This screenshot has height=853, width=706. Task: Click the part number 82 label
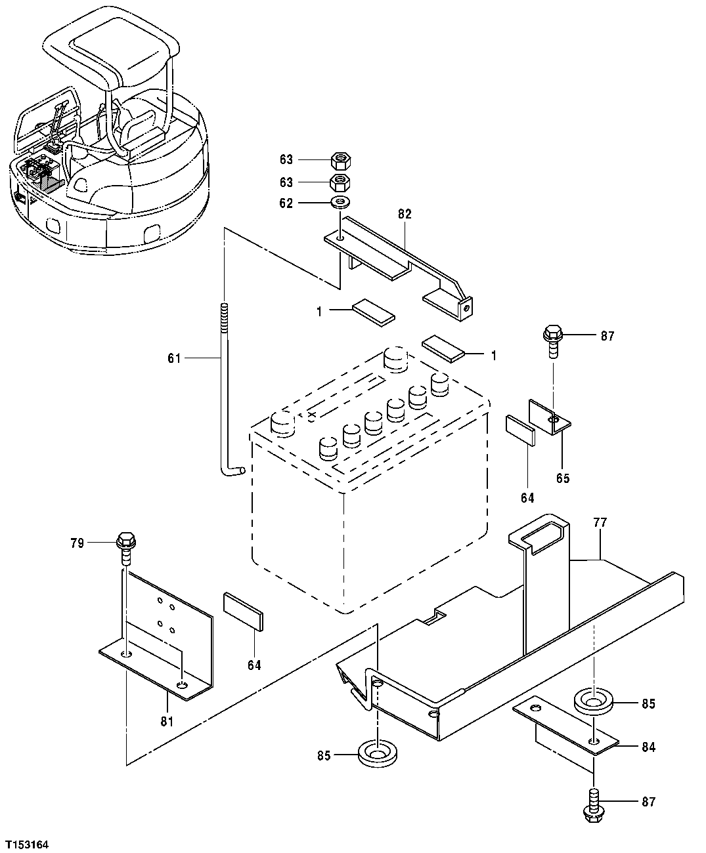(x=404, y=214)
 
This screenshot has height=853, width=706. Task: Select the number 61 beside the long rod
(x=173, y=358)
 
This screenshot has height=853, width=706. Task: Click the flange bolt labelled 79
(x=125, y=547)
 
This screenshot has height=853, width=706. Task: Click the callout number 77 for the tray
(x=600, y=523)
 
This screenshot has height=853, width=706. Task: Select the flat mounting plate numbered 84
(x=565, y=726)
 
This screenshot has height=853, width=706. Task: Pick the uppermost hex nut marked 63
(x=340, y=159)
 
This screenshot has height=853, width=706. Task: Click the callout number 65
(x=563, y=478)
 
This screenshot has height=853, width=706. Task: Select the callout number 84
(x=648, y=747)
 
